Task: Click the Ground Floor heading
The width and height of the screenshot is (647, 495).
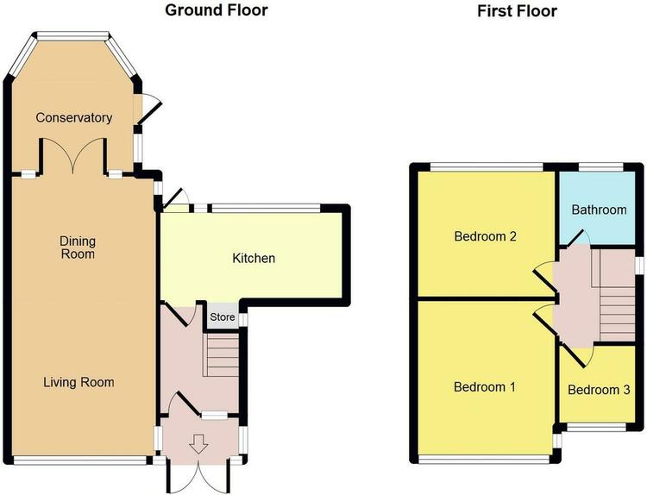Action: coord(217,10)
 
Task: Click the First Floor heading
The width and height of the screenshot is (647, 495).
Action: coord(517,11)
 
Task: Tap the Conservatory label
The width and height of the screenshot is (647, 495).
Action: coord(74,117)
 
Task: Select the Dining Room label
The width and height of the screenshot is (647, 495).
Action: coord(78,247)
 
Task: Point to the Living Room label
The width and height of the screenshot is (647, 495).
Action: coord(79,382)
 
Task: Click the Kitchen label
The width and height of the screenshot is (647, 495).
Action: coord(254,258)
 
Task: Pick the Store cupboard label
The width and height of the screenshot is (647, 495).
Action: coord(223,317)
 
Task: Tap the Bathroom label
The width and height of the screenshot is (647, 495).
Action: coord(600,210)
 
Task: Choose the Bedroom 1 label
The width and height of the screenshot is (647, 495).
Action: coord(485,387)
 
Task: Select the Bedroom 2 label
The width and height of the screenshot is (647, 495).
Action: coord(485,236)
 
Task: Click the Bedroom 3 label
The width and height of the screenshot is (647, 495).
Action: coord(599,390)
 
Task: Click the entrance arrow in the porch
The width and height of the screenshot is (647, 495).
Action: coord(198,444)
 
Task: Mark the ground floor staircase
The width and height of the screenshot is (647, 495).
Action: coord(222,354)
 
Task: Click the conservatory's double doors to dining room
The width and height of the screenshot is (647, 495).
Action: coord(73,155)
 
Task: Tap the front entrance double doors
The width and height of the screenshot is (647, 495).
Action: coord(198,475)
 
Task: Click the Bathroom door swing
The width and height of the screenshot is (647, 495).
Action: coord(575,238)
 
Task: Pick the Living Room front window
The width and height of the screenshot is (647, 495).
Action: coord(80,461)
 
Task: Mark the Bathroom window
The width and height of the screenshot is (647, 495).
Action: coord(600,166)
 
